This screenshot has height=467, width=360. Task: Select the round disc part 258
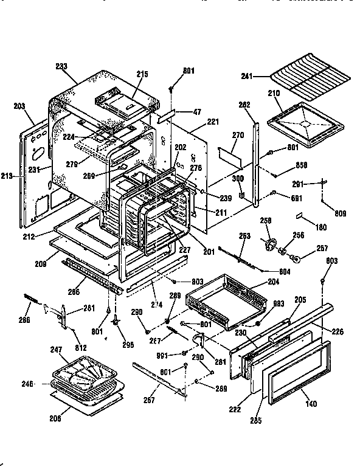tap(267, 244)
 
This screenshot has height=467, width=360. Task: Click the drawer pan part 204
tap(228, 303)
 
